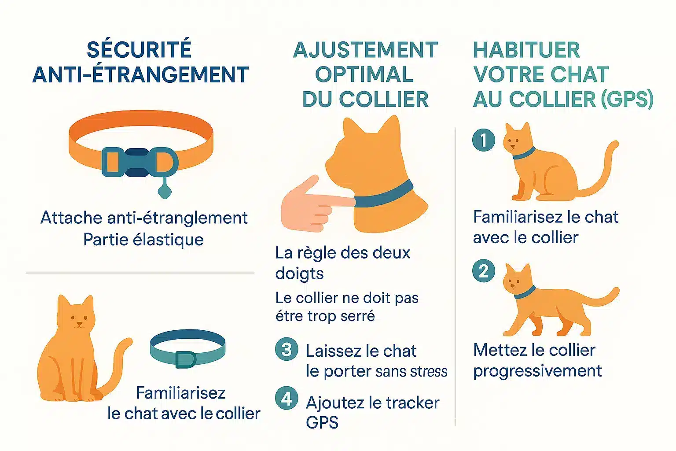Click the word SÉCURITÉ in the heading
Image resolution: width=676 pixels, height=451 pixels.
coord(139,49)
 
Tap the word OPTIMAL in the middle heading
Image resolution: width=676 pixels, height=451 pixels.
coord(364,74)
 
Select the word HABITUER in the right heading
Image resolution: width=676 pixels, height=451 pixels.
coord(526,50)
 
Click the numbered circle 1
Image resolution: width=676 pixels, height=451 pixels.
coord(483,140)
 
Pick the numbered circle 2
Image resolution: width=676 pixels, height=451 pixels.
coord(483,271)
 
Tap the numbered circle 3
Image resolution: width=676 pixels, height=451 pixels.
coord(287,349)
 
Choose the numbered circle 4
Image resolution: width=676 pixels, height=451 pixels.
coord(287,399)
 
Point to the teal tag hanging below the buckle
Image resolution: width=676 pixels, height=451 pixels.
coord(164,191)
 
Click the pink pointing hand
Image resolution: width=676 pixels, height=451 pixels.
coord(308,205)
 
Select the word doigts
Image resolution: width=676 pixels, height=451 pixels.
coord(299,274)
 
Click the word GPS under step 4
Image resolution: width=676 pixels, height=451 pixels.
coord(322,423)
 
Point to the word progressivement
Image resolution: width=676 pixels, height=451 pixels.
coord(537,371)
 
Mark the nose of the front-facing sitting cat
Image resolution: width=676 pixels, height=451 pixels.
coord(78,324)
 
